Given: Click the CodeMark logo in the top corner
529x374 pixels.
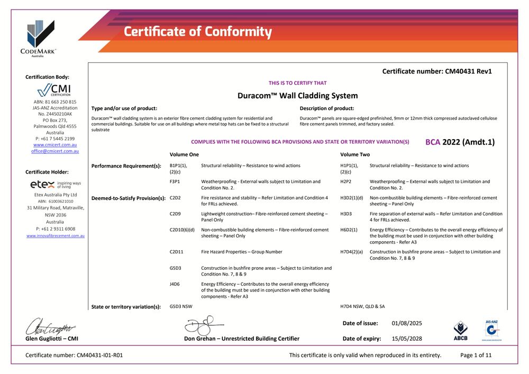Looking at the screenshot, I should (41, 38).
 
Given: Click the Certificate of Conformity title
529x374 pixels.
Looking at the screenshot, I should (198, 32).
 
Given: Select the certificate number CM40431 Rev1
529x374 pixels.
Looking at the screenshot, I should (437, 71).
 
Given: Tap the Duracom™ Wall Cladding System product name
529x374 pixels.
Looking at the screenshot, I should (298, 96).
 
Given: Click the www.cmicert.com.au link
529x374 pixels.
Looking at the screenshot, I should (54, 144).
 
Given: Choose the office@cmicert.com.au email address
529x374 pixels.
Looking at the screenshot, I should (55, 151).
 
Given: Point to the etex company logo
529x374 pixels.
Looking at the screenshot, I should (55, 185).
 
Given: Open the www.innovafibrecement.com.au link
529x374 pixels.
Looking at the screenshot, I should (55, 235).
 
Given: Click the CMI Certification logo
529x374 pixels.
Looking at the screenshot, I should (54, 90).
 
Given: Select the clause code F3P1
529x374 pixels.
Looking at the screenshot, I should (176, 181).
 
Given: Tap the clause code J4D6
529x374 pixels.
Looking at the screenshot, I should (175, 284).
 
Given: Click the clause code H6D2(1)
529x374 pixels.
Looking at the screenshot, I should (349, 230).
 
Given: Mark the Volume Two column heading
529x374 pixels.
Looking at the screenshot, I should (355, 154).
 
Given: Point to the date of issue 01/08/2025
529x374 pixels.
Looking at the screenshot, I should (407, 323).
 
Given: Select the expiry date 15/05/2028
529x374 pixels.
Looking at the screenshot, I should (407, 339).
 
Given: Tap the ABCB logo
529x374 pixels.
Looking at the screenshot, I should (460, 331).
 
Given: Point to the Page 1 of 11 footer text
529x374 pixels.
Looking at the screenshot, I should (476, 355).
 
